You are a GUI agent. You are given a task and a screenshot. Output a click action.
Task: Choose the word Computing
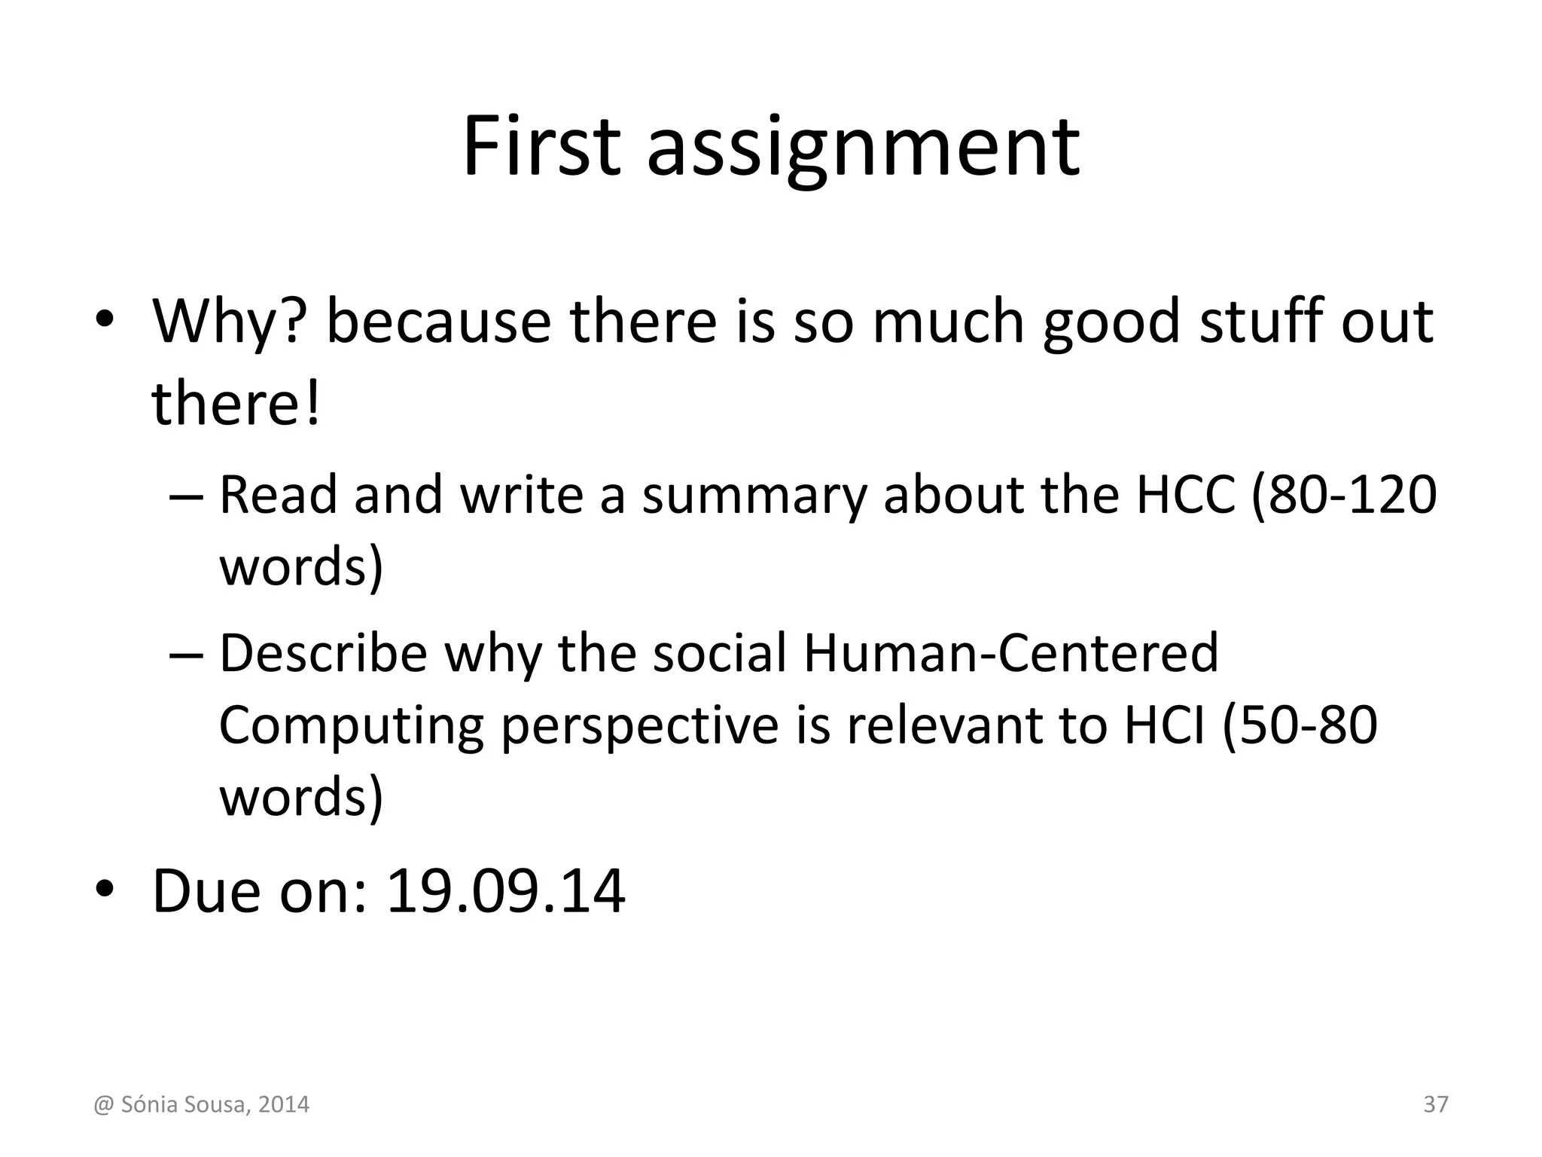tap(351, 726)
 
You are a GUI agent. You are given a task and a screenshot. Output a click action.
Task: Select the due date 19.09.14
tap(505, 892)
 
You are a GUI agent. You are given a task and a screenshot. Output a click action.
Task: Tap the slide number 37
tap(1435, 1104)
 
